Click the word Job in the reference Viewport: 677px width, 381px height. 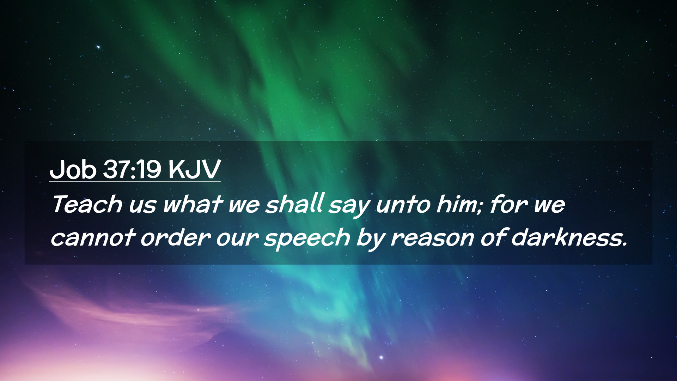[x=73, y=170]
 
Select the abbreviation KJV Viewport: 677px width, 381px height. [x=194, y=169]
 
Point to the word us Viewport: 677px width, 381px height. [x=142, y=206]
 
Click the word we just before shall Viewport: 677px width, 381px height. [x=243, y=206]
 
